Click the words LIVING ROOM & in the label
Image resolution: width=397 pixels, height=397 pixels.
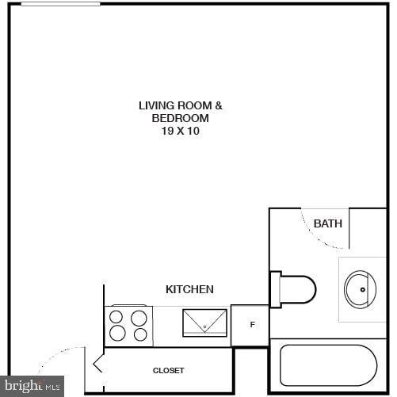click(181, 105)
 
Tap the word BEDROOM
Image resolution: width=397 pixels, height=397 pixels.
click(181, 118)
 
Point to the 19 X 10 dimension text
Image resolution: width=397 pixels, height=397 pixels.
click(181, 132)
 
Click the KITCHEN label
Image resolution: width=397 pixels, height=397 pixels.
click(189, 289)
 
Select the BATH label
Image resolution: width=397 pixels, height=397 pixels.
click(328, 223)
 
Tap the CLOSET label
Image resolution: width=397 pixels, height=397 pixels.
click(168, 370)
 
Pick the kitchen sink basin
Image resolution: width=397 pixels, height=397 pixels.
click(205, 323)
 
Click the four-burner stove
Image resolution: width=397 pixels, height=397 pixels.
click(128, 326)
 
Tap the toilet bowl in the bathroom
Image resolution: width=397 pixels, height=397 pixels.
click(298, 289)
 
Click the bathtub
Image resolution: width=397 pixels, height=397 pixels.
click(327, 365)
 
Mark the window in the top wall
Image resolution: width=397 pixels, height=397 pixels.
click(60, 4)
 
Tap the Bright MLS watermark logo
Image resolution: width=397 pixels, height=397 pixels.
click(32, 387)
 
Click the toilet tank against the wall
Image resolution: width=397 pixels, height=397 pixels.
click(276, 289)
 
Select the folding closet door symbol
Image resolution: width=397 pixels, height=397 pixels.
click(99, 365)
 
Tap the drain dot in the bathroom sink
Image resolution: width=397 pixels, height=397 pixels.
click(364, 289)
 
